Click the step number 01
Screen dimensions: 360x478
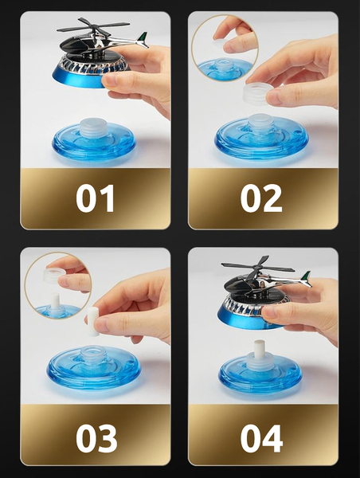pyautogui.click(x=95, y=198)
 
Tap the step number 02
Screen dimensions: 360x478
pyautogui.click(x=261, y=198)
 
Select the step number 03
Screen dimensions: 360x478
pyautogui.click(x=96, y=438)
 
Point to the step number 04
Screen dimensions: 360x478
pyautogui.click(x=261, y=438)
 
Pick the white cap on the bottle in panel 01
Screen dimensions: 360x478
pyautogui.click(x=93, y=127)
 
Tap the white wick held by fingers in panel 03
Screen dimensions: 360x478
pyautogui.click(x=93, y=321)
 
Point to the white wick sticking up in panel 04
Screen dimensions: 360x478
pyautogui.click(x=259, y=348)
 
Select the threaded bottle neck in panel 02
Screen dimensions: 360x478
pyautogui.click(x=260, y=123)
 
